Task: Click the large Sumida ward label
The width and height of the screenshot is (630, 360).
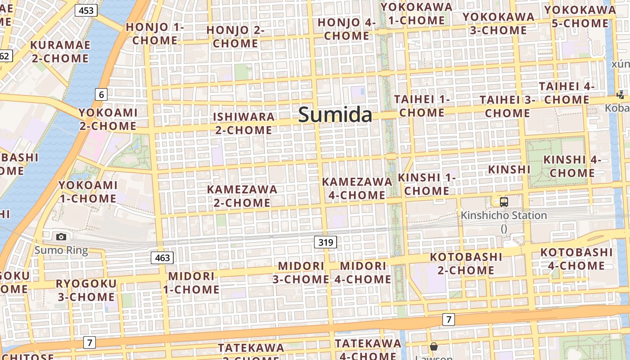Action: pos(335,115)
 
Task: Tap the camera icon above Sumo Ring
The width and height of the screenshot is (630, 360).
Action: pos(61,237)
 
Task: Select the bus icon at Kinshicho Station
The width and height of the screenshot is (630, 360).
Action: pos(504,202)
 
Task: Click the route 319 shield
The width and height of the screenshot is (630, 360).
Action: pos(325,243)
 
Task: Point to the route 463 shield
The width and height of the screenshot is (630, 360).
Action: pos(162,258)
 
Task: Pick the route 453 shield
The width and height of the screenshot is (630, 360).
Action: pos(85,10)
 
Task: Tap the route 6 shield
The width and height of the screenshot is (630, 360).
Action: pos(101,94)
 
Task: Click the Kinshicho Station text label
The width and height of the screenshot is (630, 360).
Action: pos(504,216)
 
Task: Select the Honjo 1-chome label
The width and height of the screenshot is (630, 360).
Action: pos(155,34)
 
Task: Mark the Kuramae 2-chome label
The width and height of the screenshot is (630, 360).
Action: pos(60,52)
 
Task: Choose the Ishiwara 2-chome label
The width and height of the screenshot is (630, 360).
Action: pos(243,123)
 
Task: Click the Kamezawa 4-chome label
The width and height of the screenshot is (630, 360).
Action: pos(357,188)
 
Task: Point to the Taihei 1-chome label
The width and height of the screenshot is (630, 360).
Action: pos(422,106)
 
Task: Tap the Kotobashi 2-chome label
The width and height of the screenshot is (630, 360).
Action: pos(466,264)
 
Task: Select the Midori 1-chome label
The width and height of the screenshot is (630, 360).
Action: pos(191,283)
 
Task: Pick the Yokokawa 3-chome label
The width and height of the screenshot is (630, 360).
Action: pos(498,23)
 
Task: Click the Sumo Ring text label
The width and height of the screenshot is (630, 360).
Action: pos(61,250)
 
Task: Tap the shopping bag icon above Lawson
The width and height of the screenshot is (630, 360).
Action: pos(434,346)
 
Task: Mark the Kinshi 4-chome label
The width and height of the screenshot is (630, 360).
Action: pos(572,166)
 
